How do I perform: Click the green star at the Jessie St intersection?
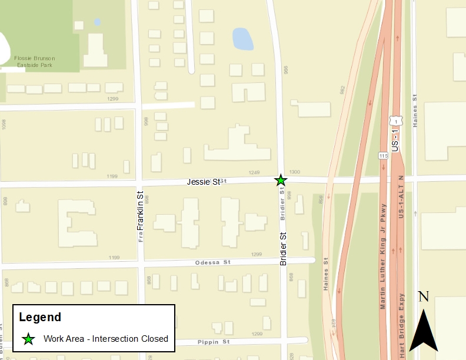[281, 180]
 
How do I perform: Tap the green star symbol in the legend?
[28, 339]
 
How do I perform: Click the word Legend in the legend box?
[40, 318]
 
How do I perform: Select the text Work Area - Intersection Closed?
[106, 339]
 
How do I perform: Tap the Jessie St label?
[203, 182]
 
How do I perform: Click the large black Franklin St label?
[140, 211]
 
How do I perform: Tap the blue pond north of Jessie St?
[242, 39]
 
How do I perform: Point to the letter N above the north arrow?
[423, 296]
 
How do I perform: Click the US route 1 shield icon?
[396, 121]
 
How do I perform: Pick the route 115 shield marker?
[382, 155]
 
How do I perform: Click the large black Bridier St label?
[283, 248]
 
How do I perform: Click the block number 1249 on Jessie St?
[254, 172]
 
